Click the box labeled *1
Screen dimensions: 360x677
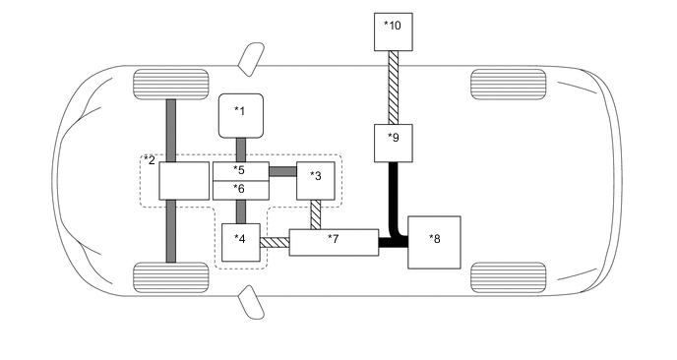[239, 117]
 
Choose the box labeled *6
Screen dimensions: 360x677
[240, 189]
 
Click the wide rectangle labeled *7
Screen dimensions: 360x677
[334, 241]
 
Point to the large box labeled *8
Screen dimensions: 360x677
[434, 242]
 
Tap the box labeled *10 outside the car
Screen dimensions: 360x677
[393, 31]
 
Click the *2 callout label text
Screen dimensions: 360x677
[150, 159]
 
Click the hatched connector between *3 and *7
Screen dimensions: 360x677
[316, 215]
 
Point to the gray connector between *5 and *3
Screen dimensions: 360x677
[281, 171]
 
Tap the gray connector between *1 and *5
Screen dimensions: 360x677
[239, 150]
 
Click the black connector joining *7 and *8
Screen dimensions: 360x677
[394, 241]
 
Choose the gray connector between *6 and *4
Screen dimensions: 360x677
[239, 211]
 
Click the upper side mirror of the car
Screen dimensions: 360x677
[251, 55]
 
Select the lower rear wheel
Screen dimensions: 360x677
[508, 276]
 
